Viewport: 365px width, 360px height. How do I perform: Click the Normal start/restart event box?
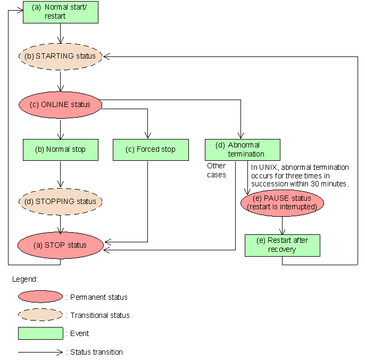pyautogui.click(x=60, y=12)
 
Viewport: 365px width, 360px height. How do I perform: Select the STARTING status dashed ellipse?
pyautogui.click(x=60, y=56)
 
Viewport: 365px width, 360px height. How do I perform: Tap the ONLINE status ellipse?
pyautogui.click(x=60, y=104)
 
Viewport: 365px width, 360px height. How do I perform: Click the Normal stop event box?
pyautogui.click(x=60, y=150)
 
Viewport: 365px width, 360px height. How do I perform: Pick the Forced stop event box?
pyautogui.click(x=151, y=150)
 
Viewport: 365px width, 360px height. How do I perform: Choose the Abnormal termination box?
pyautogui.click(x=242, y=150)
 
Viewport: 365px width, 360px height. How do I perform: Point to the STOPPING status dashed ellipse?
pyautogui.click(x=60, y=201)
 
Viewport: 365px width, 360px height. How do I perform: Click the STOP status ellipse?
pyautogui.click(x=60, y=246)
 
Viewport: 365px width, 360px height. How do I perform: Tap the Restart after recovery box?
pyautogui.click(x=282, y=245)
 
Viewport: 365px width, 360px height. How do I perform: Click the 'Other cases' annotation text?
pyautogui.click(x=217, y=170)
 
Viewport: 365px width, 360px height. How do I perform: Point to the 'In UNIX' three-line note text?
pyautogui.click(x=300, y=175)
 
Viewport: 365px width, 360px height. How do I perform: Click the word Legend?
pyautogui.click(x=25, y=279)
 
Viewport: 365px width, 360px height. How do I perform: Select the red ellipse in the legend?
pyautogui.click(x=40, y=297)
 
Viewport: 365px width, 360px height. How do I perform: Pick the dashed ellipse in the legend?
pyautogui.click(x=40, y=315)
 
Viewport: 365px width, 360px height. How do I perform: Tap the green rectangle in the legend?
pyautogui.click(x=40, y=333)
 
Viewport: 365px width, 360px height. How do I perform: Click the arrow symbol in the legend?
pyautogui.click(x=40, y=351)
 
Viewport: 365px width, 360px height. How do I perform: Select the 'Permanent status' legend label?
pyautogui.click(x=97, y=297)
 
